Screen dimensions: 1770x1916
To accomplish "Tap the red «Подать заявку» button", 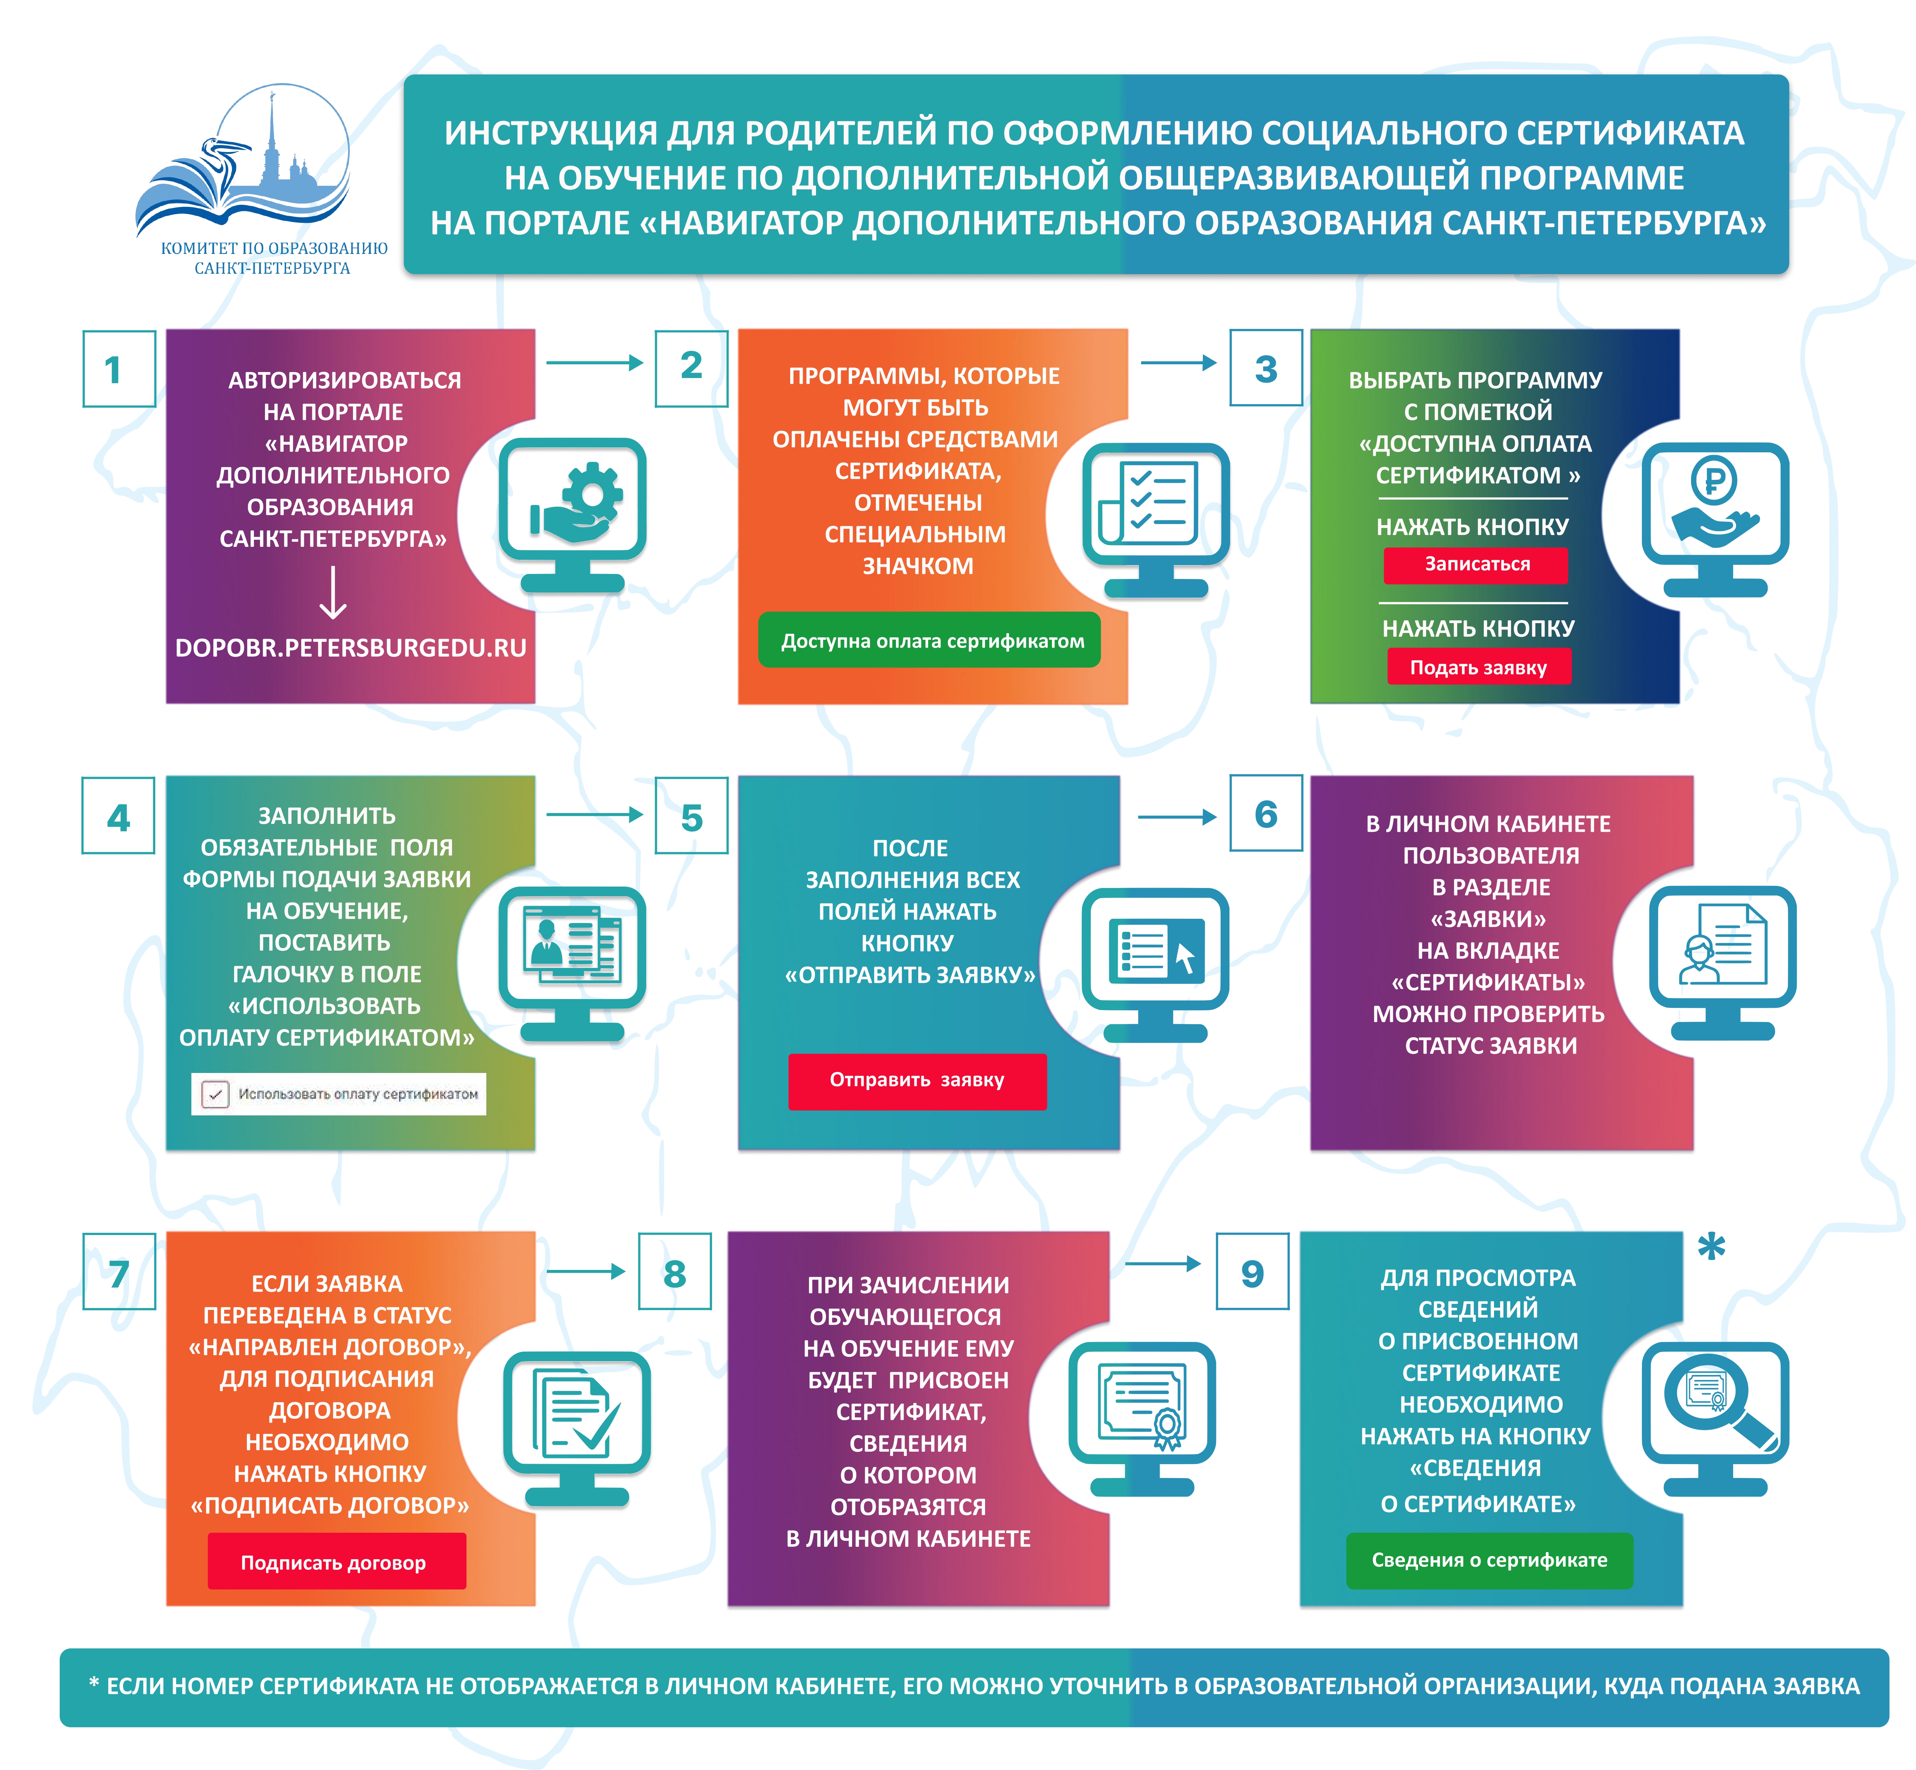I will coord(1478,668).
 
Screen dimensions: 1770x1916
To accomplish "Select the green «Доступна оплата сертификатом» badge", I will coord(929,641).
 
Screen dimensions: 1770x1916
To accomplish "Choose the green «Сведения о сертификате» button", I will coord(1489,1560).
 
